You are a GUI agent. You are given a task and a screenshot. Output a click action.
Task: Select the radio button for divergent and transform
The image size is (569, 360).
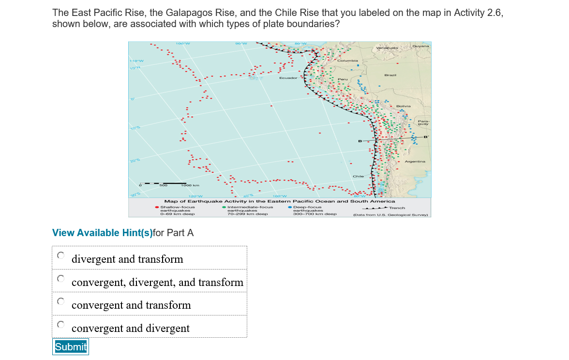click(61, 255)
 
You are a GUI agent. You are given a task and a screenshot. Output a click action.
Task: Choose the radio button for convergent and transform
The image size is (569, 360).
click(61, 301)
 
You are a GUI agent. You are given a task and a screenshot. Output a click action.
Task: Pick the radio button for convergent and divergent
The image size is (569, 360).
click(61, 324)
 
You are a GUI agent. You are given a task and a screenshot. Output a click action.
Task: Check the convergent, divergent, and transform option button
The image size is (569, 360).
click(61, 278)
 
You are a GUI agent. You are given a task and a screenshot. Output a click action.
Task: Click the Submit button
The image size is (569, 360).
click(71, 347)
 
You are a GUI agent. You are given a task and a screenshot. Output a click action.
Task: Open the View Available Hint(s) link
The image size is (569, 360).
click(102, 233)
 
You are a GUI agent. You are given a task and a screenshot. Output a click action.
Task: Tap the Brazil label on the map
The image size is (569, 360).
click(390, 75)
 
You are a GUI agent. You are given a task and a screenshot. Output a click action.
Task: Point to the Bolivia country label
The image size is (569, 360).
click(403, 105)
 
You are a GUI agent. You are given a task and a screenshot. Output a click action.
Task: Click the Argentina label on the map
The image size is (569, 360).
click(415, 161)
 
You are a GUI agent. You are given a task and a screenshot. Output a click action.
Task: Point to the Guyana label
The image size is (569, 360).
click(420, 46)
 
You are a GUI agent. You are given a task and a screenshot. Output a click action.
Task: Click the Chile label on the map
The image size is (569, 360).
click(358, 176)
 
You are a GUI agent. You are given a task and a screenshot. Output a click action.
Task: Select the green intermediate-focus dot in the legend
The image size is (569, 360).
click(224, 208)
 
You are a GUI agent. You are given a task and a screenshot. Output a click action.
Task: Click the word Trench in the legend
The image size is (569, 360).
click(397, 208)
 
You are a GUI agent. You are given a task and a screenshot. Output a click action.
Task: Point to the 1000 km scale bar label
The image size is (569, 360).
click(187, 185)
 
